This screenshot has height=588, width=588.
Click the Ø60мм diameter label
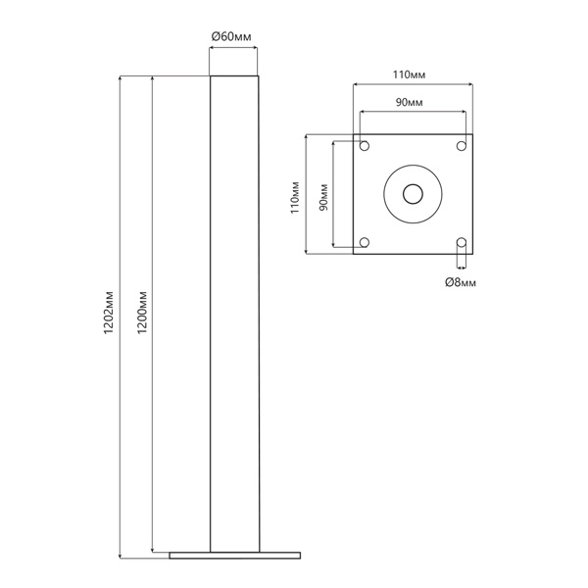(x=231, y=37)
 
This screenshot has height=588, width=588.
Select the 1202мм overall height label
(x=109, y=313)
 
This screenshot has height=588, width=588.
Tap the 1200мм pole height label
(x=142, y=313)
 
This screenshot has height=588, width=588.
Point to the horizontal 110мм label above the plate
(x=409, y=74)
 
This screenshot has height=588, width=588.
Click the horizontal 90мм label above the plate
(x=409, y=102)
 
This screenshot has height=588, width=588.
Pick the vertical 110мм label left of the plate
(x=295, y=197)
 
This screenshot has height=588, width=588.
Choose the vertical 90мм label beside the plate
(x=323, y=197)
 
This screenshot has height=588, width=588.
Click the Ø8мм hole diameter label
(x=461, y=282)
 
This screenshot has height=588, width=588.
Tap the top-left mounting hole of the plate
(x=365, y=145)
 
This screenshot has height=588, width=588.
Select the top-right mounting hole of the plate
(x=462, y=145)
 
